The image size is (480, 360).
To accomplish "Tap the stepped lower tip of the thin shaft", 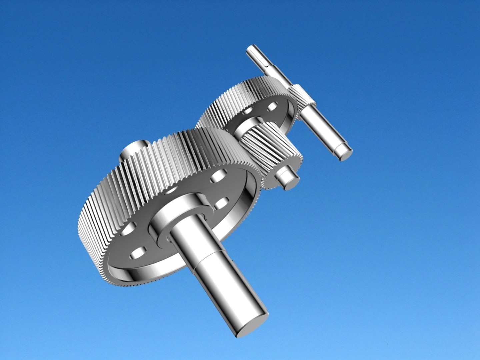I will (343, 152).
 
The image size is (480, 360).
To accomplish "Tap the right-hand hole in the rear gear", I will (272, 107).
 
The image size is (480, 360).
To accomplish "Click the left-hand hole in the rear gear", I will (248, 110).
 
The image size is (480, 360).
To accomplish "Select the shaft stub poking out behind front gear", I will (133, 150).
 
